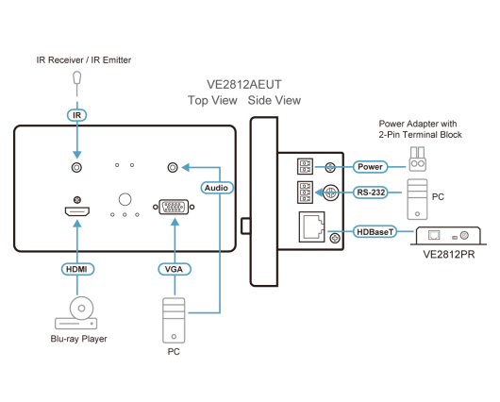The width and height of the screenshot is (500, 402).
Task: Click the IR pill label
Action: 76,115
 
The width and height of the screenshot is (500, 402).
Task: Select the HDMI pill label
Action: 77,269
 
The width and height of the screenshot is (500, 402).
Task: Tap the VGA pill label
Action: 175,269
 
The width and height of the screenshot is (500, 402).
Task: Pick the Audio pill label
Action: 217,188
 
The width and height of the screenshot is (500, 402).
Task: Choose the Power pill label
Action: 370,166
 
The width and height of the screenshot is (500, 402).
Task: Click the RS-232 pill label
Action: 371,193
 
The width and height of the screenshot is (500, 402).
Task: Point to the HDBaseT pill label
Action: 375,232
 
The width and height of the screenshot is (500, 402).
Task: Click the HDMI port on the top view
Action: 77,211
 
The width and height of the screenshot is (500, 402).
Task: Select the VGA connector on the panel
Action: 174,207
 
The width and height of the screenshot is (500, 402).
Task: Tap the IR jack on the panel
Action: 76,167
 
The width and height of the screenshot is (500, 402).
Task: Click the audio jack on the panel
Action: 173,167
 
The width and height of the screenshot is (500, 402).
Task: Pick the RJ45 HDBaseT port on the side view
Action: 312,226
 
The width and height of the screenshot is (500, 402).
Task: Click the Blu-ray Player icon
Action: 76,313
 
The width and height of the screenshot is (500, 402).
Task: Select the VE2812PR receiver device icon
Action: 448,236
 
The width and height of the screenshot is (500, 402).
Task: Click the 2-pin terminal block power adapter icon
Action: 418,159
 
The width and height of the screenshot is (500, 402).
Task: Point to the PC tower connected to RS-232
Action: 417,199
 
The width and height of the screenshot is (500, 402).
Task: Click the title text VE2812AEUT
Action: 244,85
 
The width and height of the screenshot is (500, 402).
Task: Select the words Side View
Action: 275,100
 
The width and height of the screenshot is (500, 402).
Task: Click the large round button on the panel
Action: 125,199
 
